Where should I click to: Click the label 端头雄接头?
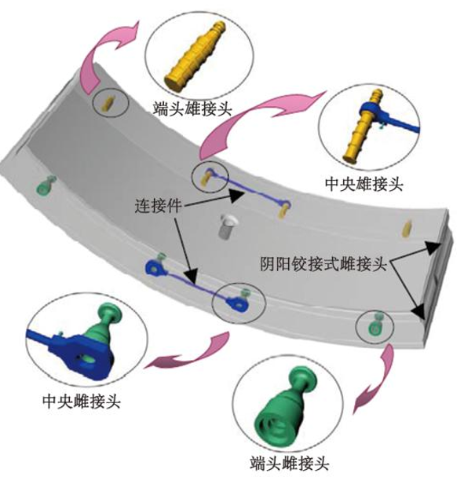pyautogui.click(x=192, y=108)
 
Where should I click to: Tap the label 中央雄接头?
pyautogui.click(x=364, y=184)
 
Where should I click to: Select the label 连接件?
pyautogui.click(x=159, y=206)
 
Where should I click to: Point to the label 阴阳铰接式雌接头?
pyautogui.click(x=323, y=263)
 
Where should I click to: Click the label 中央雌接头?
pyautogui.click(x=82, y=402)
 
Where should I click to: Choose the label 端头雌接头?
pyautogui.click(x=290, y=464)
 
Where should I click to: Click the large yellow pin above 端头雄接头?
pyautogui.click(x=195, y=56)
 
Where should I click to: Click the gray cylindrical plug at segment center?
pyautogui.click(x=227, y=226)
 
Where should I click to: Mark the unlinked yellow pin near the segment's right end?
pyautogui.click(x=406, y=229)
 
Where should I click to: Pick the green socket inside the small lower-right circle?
pyautogui.click(x=374, y=325)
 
